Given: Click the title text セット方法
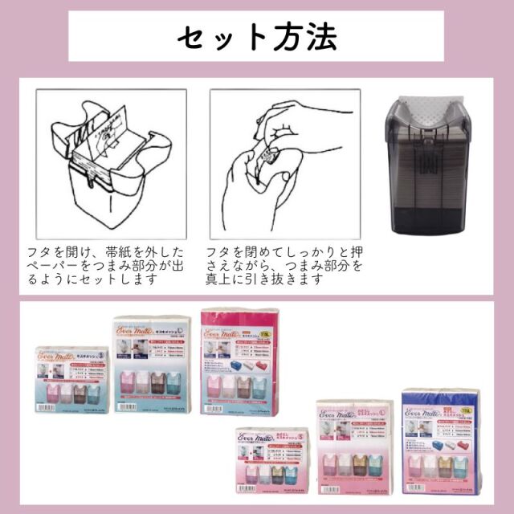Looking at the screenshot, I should point(257,36).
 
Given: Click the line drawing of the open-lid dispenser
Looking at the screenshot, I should point(112,161).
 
